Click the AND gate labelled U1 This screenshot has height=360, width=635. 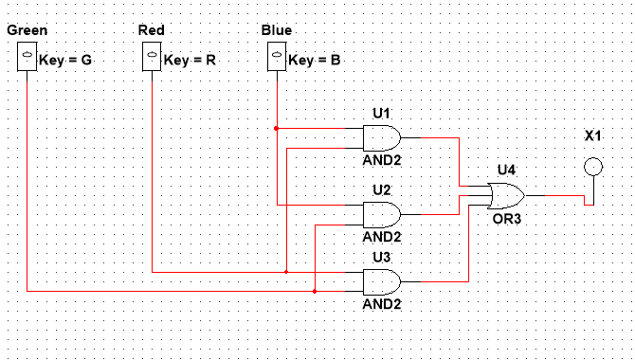382,138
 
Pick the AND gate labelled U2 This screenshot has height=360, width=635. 382,213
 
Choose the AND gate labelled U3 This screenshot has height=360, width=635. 382,281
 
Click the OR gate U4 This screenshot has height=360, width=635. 505,196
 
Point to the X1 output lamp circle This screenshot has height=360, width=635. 592,168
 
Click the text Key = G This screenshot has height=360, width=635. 66,61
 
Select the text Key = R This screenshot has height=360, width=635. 190,61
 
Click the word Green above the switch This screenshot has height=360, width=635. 27,31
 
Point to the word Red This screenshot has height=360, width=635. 151,31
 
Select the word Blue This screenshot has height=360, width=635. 276,31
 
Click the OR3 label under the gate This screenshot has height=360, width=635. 507,218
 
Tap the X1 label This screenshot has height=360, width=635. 593,136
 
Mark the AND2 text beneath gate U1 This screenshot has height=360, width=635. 383,160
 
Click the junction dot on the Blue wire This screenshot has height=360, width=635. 276,128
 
